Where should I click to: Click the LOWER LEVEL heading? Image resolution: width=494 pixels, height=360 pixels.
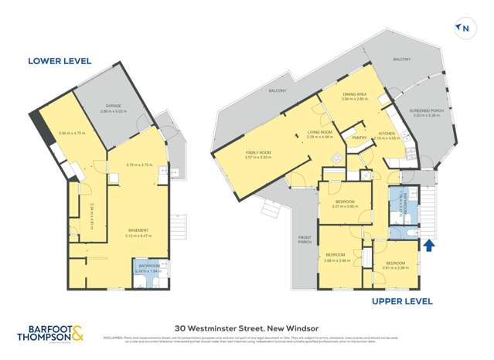tap(60, 60)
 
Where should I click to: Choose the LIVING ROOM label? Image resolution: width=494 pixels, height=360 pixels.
tap(319, 132)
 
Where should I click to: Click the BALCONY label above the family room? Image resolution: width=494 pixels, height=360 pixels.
tap(277, 90)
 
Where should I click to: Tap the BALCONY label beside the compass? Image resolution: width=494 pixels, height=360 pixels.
tap(400, 59)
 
